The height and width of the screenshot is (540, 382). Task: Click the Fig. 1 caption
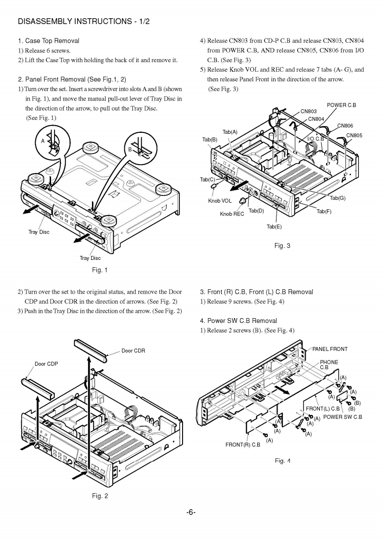coord(100,270)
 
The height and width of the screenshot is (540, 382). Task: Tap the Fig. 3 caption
coord(282,246)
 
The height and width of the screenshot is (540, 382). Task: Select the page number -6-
coord(191,512)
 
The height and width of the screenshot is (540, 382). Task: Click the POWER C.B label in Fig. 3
coord(342,105)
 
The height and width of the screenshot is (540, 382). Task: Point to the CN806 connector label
coord(345,126)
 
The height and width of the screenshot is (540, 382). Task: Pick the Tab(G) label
coord(338,198)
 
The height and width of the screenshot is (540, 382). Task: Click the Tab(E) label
coord(274,227)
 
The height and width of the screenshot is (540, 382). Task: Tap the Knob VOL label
coord(220,201)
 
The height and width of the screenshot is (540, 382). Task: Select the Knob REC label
coord(232,214)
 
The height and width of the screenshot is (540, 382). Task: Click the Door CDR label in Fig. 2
coord(133,351)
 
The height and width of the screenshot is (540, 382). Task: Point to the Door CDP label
coord(46,364)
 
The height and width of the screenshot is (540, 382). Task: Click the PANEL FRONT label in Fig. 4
coord(330,349)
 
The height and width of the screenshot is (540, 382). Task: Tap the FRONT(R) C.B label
coord(243,445)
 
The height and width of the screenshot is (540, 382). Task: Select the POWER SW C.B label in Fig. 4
coord(342,417)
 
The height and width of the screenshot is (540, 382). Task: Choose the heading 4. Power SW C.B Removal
coord(238,321)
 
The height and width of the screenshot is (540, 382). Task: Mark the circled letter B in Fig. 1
coord(130,150)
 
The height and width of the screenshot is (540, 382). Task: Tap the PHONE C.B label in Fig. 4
coord(329,364)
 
